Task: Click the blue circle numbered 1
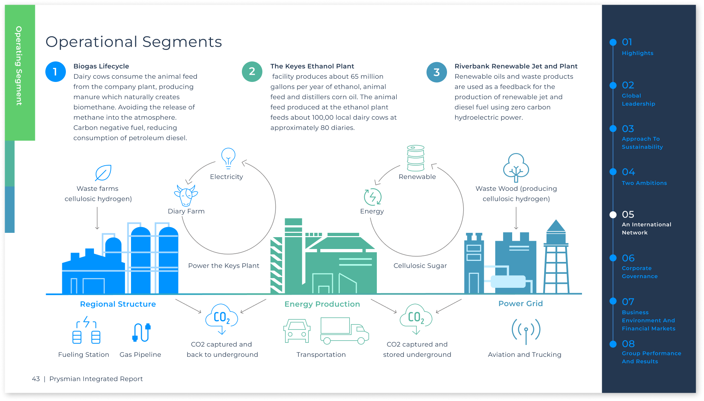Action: point(55,72)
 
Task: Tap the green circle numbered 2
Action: point(252,72)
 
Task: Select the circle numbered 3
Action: point(437,72)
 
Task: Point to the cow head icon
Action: point(186,195)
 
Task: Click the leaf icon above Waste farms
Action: point(103,173)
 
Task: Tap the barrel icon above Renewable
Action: point(416,158)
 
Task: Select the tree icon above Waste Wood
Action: point(516,167)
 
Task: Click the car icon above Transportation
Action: point(297,331)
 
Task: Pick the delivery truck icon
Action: point(344,331)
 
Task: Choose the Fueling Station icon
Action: point(86,330)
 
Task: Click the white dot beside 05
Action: point(613,215)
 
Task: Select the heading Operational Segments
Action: point(134,42)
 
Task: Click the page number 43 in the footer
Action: point(36,379)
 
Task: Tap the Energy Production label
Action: point(322,304)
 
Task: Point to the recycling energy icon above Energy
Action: point(373,197)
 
